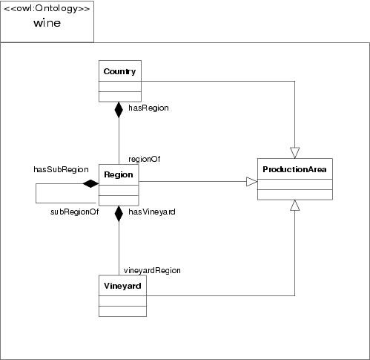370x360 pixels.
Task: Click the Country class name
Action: (118, 72)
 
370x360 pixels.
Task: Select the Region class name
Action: (118, 174)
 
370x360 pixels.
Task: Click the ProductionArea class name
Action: (294, 170)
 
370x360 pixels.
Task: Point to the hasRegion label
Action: (148, 108)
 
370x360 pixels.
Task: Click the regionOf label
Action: (144, 158)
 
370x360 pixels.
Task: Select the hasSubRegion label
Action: (61, 169)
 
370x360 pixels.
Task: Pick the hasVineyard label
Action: (151, 212)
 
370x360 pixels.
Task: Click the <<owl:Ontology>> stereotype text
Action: (47, 9)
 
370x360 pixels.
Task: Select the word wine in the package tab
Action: (47, 23)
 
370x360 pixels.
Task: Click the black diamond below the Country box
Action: (118, 110)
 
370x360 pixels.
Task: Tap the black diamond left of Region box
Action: (90, 183)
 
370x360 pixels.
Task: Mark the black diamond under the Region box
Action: (118, 214)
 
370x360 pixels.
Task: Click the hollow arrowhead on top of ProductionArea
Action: (295, 152)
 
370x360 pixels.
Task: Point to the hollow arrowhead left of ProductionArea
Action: (251, 181)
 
